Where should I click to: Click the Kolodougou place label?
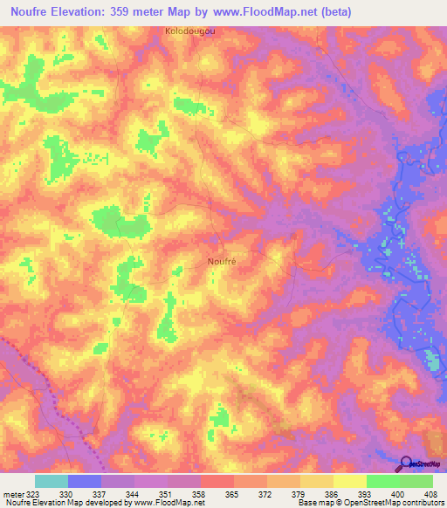(x=189, y=31)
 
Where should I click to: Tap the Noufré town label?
(x=223, y=260)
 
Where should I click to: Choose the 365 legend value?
(x=217, y=493)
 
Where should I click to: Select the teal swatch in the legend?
(x=52, y=481)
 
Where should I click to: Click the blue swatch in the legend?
(x=85, y=481)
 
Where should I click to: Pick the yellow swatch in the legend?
(x=350, y=481)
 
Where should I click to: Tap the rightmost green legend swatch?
(x=416, y=481)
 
